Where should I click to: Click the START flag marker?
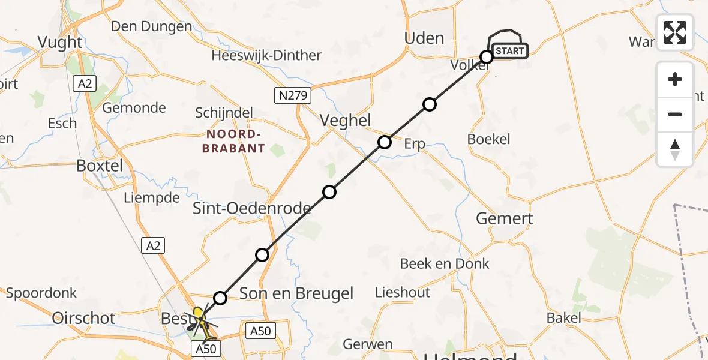coord(509,51)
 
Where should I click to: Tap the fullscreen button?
coord(675,32)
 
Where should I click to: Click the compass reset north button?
coord(675,149)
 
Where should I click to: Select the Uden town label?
coord(424,38)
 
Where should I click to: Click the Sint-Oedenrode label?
coord(251,208)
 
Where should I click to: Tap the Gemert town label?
coord(504,218)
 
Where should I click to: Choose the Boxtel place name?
coord(100,166)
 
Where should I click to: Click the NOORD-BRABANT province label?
coord(233,141)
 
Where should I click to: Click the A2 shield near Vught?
coord(85,83)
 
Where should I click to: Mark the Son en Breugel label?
coord(296,293)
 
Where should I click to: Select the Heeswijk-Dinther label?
coord(266,56)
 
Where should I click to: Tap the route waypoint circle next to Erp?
coord(385,142)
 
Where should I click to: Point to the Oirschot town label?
coord(83,318)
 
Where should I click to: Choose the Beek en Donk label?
coord(445,263)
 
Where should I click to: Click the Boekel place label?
coord(488,139)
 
